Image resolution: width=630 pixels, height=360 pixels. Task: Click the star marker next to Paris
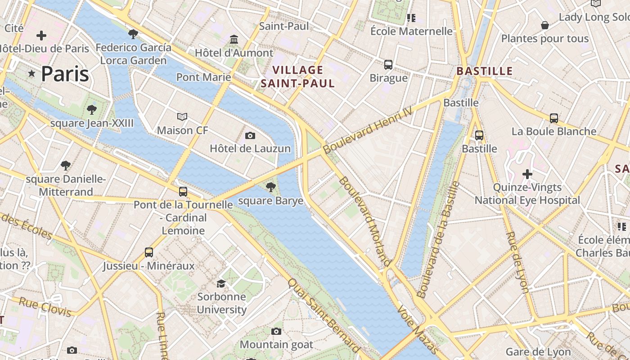31,73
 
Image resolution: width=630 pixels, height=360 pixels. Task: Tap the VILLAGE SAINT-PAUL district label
297,76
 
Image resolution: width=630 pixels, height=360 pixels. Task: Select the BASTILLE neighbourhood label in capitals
485,71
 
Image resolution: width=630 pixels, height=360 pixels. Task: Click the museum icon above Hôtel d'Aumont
234,40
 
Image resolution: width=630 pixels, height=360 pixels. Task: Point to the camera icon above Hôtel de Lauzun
250,135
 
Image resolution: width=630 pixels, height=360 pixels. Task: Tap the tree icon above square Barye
270,187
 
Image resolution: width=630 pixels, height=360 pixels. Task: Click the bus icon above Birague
388,65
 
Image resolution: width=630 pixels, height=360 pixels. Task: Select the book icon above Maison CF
182,117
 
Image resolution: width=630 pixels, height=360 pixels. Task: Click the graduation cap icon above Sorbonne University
221,283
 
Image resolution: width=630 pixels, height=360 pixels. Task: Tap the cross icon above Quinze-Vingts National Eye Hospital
527,174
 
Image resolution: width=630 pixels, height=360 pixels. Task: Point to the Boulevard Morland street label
364,220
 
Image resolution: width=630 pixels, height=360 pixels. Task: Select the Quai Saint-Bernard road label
324,315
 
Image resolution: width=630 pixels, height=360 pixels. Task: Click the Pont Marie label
203,77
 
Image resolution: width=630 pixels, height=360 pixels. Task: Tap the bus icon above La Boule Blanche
554,118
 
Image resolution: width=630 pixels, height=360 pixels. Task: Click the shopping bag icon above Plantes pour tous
544,25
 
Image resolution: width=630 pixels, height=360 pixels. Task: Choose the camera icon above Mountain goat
276,332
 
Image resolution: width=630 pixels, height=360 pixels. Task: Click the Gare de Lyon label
538,352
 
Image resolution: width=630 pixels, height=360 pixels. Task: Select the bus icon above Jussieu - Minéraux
149,252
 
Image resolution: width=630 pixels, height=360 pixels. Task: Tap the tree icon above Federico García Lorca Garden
133,34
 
